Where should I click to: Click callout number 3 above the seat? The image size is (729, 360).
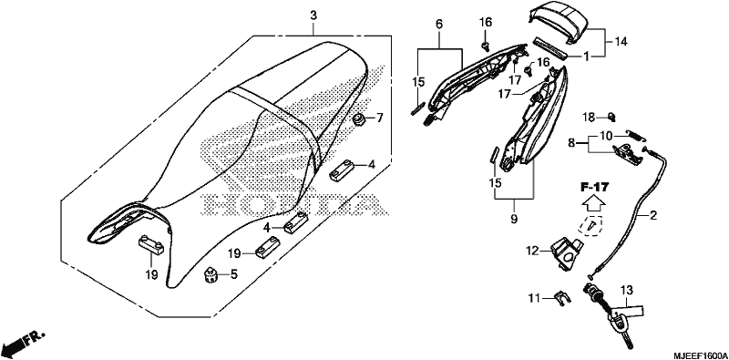pyautogui.click(x=313, y=15)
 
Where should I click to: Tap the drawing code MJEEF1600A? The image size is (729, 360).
pyautogui.click(x=697, y=353)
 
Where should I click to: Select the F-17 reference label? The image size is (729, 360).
pyautogui.click(x=594, y=188)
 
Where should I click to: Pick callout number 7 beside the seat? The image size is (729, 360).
pyautogui.click(x=379, y=118)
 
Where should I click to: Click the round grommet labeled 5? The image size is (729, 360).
pyautogui.click(x=211, y=276)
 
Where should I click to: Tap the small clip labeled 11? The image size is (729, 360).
pyautogui.click(x=562, y=299)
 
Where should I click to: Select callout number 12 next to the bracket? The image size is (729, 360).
pyautogui.click(x=532, y=252)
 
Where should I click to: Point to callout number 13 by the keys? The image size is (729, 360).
pyautogui.click(x=627, y=291)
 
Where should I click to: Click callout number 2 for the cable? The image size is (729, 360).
pyautogui.click(x=653, y=215)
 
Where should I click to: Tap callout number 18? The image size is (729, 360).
pyautogui.click(x=590, y=118)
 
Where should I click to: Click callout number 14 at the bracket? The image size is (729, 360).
pyautogui.click(x=621, y=42)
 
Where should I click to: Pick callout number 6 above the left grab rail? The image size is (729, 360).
pyautogui.click(x=439, y=24)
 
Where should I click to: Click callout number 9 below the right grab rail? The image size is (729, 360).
pyautogui.click(x=514, y=218)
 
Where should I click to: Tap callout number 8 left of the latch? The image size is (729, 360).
pyautogui.click(x=571, y=144)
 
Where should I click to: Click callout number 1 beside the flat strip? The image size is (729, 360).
pyautogui.click(x=587, y=57)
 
